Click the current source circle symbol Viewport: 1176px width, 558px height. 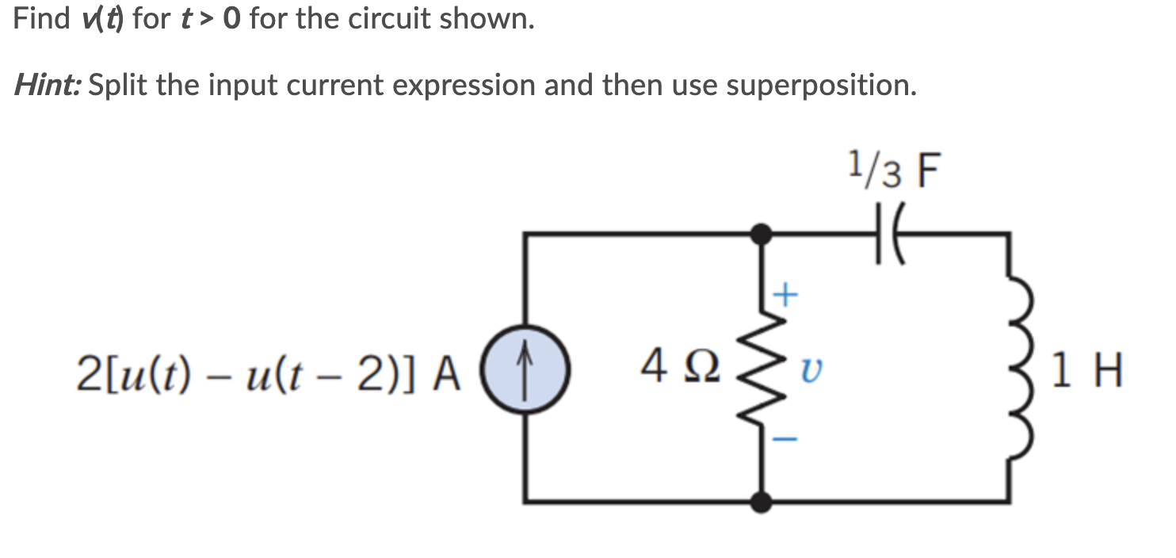(524, 369)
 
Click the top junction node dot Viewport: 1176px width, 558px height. (762, 234)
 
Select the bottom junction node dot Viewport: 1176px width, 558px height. (762, 502)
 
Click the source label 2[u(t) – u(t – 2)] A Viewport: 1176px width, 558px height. (269, 371)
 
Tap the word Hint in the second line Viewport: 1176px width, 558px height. (48, 84)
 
